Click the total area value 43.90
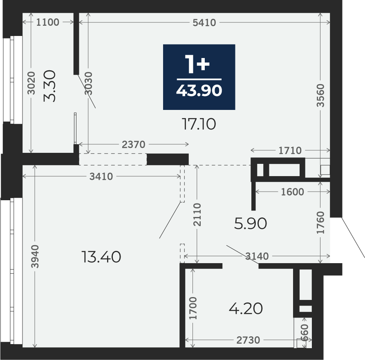pos(199,91)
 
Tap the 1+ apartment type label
pos(197,64)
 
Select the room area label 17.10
pos(199,124)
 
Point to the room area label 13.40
pos(101,257)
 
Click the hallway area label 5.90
pos(250,224)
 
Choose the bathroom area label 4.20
pos(246,309)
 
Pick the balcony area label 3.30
pos(50,86)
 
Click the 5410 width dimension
pos(204,22)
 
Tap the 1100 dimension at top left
pos(48,22)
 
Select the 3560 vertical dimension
pos(320,95)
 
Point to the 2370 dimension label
pos(134,145)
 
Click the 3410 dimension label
pos(101,177)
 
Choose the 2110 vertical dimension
pos(197,215)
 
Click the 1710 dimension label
pos(290,151)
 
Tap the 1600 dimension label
pos(293,192)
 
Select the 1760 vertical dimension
pos(320,222)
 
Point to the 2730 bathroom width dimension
pos(248,340)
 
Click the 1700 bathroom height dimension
pos(193,308)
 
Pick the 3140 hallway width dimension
pos(257,256)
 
